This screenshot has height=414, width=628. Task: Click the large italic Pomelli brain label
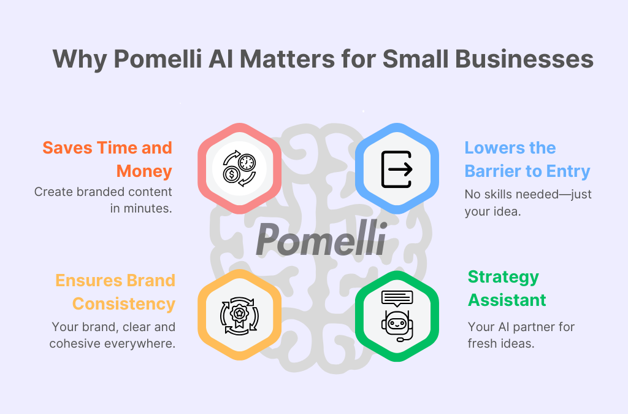321,239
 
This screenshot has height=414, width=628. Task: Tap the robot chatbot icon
397,315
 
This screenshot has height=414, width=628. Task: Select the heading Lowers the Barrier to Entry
527,159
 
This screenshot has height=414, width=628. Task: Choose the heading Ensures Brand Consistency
116,292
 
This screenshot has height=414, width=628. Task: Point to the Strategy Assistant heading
507,288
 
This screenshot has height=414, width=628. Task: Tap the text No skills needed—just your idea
527,203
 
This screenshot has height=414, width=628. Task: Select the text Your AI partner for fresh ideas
521,335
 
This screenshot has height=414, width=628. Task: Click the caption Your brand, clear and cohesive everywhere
113,335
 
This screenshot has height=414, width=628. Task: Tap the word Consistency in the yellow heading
124,303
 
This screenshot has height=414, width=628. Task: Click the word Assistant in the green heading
507,300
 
